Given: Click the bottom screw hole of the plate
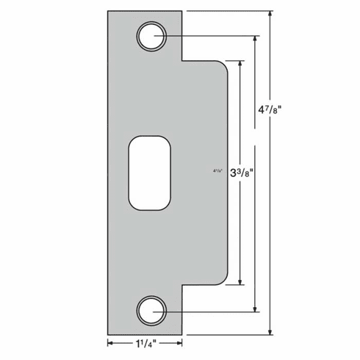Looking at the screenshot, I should click(151, 311).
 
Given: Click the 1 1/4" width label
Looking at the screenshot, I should click(145, 343).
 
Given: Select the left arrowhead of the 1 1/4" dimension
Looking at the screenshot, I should click(112, 343).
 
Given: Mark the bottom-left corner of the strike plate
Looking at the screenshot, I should click(109, 334).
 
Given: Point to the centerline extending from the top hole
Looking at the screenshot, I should click(213, 35).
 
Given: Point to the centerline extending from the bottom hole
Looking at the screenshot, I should click(213, 311).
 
